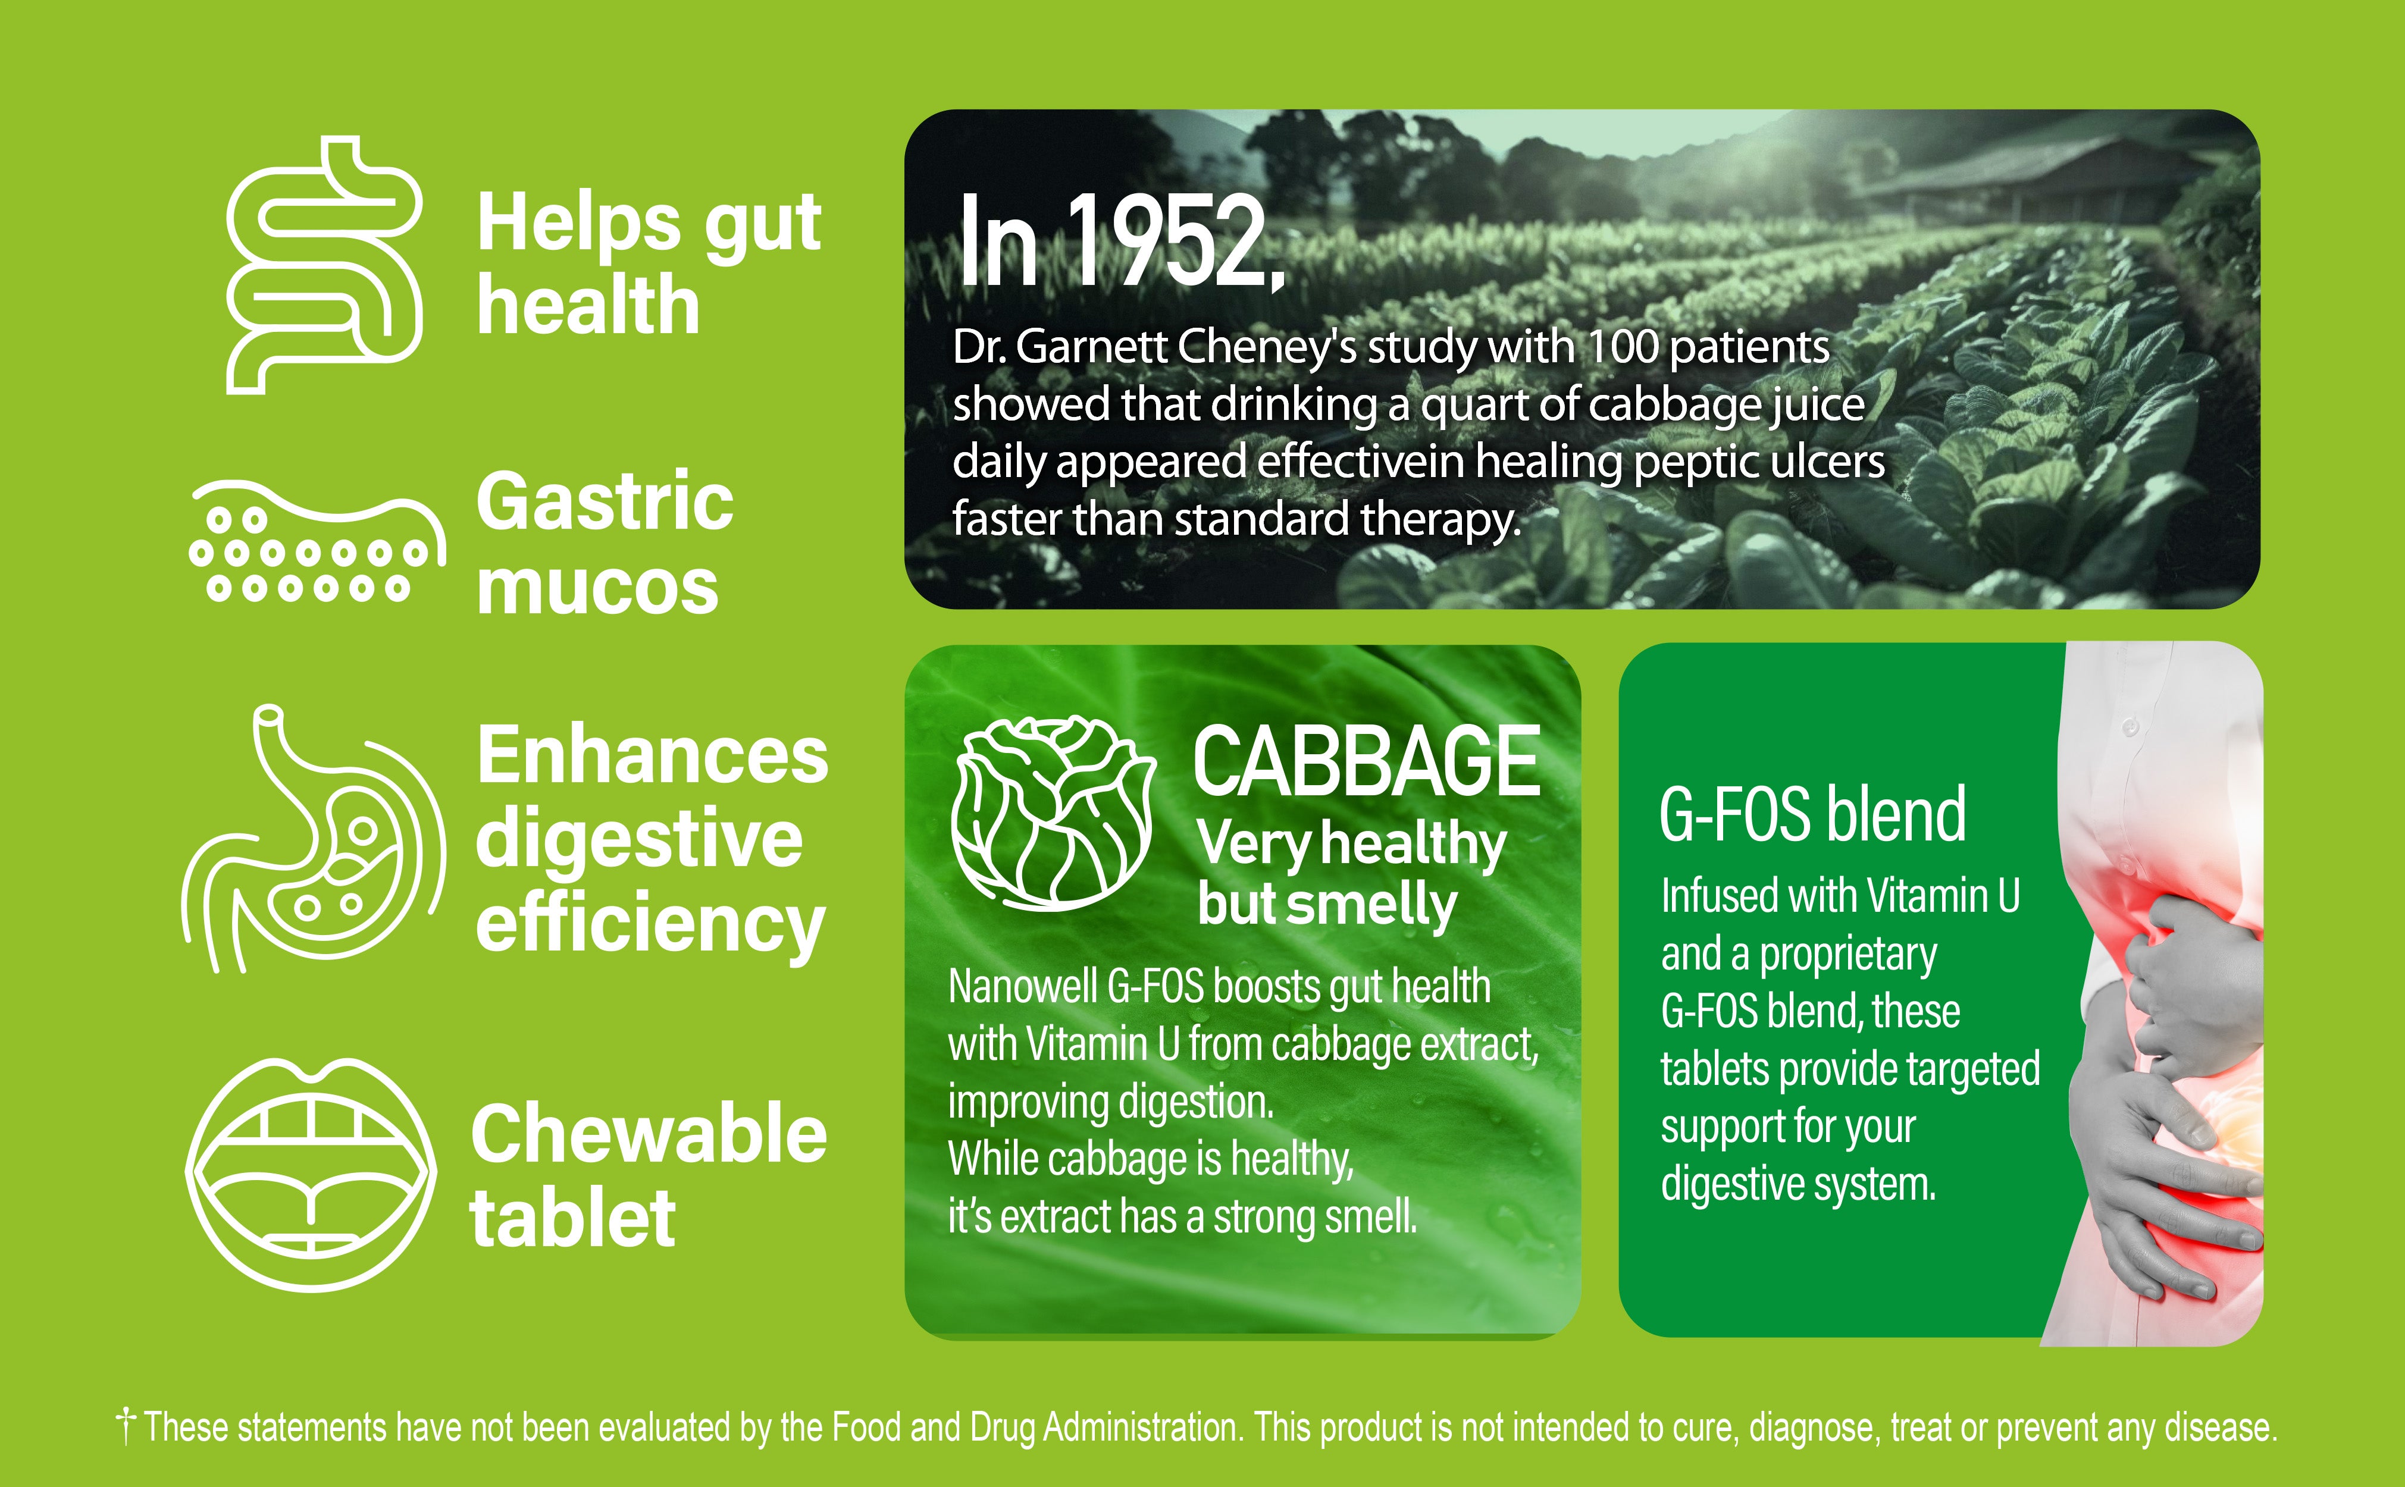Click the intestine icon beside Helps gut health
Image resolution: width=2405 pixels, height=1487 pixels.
[325, 265]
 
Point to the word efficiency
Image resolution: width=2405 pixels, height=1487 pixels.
[650, 924]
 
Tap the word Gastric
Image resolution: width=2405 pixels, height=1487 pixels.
[605, 501]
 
